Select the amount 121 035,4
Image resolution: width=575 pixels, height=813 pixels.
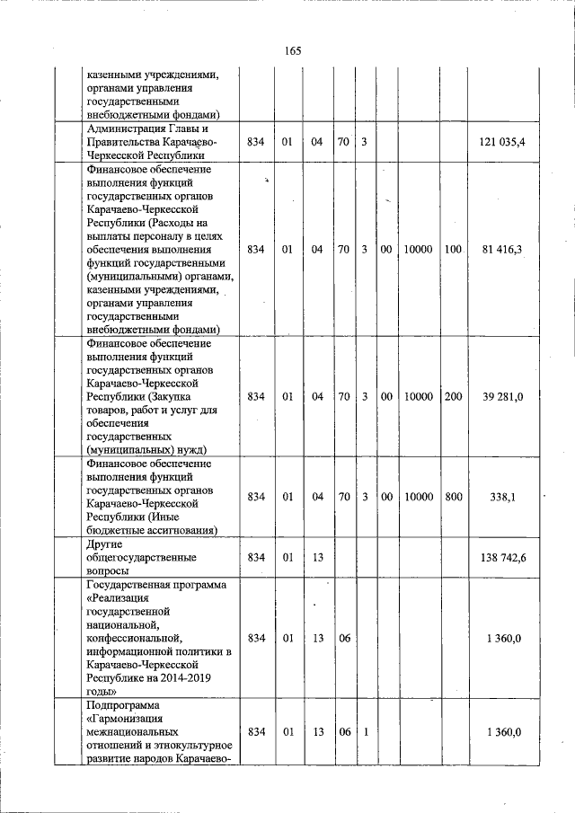(x=503, y=142)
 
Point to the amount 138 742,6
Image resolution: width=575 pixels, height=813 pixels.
(x=503, y=558)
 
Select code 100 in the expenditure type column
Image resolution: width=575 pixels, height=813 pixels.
(x=453, y=248)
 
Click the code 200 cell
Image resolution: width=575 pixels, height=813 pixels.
(x=453, y=396)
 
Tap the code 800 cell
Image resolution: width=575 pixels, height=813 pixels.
(x=453, y=497)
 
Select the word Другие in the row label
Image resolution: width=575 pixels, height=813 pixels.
(x=104, y=544)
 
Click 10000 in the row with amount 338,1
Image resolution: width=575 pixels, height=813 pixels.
(x=419, y=497)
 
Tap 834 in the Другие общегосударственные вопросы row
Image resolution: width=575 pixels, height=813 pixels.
(x=256, y=558)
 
